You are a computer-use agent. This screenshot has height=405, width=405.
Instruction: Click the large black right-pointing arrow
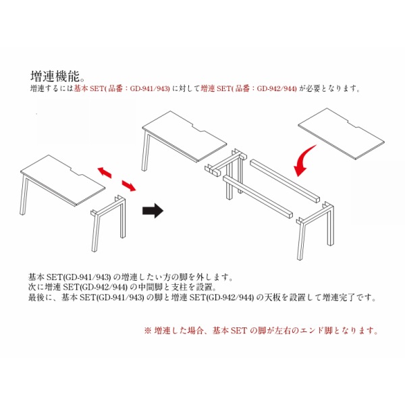tap(153, 211)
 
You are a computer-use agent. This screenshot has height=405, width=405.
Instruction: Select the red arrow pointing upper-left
tap(105, 172)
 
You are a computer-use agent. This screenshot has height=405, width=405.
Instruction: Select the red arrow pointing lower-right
tap(129, 186)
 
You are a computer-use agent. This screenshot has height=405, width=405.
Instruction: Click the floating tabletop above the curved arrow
tap(341, 133)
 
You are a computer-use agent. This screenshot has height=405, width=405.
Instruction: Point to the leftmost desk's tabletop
tap(63, 180)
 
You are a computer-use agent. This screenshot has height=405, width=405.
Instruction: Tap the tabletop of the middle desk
tap(184, 136)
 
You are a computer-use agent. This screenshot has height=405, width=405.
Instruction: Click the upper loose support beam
tap(285, 181)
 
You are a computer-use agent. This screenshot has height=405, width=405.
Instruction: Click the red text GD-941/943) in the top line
tap(150, 89)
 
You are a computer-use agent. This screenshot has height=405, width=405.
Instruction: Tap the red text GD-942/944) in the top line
tap(277, 89)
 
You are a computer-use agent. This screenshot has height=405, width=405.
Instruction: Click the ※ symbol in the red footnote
tap(147, 331)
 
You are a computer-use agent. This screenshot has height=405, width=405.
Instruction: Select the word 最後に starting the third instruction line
tap(40, 298)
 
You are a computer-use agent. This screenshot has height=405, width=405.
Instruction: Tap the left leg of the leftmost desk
tap(24, 194)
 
